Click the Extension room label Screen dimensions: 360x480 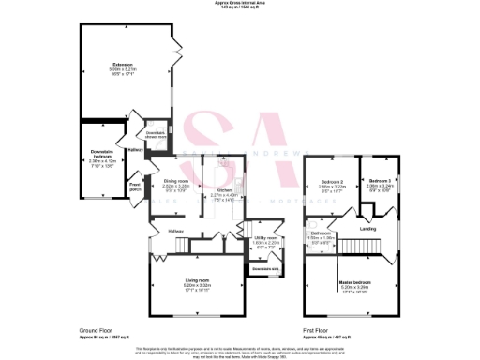123,65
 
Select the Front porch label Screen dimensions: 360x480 135,187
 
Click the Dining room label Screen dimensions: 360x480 176,180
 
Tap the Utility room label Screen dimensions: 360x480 265,238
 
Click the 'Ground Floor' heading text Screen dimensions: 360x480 99,330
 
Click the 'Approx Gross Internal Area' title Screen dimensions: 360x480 240,4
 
